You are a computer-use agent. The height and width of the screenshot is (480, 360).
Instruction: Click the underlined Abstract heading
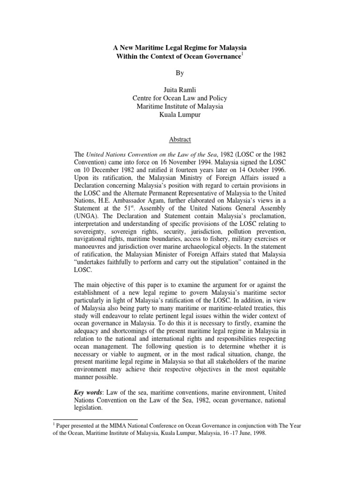[x=180, y=139]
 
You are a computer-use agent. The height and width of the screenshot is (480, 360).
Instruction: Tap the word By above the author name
[x=180, y=74]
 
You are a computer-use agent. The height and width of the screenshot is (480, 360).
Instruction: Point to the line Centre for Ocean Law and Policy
[x=180, y=97]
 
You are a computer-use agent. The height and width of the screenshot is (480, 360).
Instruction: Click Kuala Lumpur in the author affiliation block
[x=180, y=115]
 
